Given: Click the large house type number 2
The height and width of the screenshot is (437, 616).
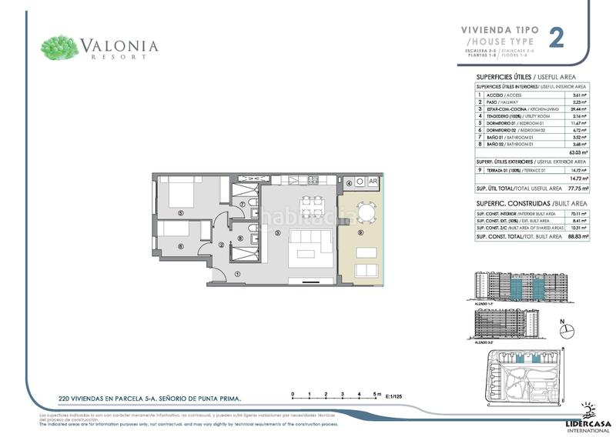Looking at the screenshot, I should [x=555, y=38].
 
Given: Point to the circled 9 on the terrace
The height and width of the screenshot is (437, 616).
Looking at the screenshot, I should [x=360, y=232].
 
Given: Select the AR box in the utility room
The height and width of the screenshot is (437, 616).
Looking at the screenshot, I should [x=373, y=183].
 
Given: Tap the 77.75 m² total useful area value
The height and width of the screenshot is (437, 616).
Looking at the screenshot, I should [x=577, y=187].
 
